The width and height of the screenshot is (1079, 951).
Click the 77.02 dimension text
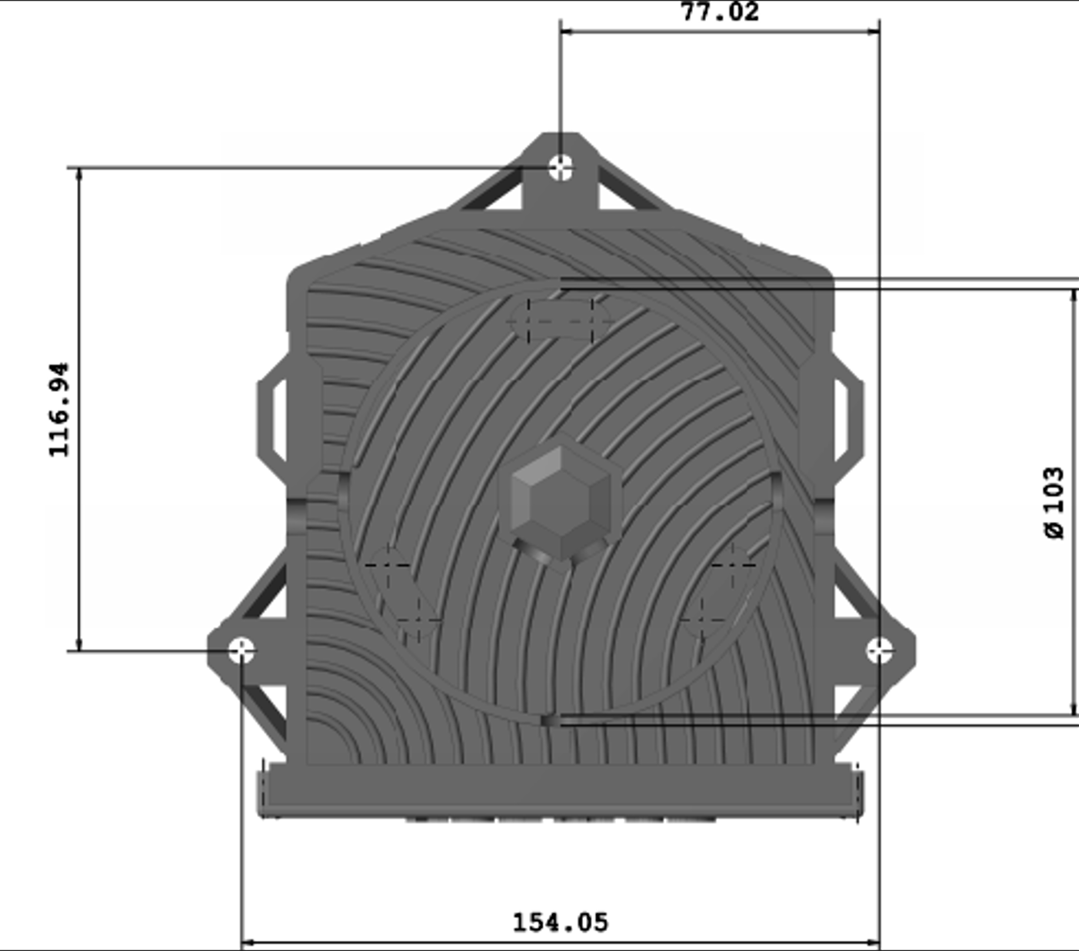pos(720,12)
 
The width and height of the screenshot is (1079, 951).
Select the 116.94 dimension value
pos(59,410)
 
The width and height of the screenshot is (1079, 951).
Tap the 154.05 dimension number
pos(560,923)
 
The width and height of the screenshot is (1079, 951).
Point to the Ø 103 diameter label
pos(1054,504)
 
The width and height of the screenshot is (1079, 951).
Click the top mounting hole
pos(561,168)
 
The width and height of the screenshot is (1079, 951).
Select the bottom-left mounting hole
pos(241,650)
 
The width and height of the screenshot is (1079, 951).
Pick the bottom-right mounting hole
pos(879,650)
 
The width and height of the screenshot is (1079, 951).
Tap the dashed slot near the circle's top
pos(560,321)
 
